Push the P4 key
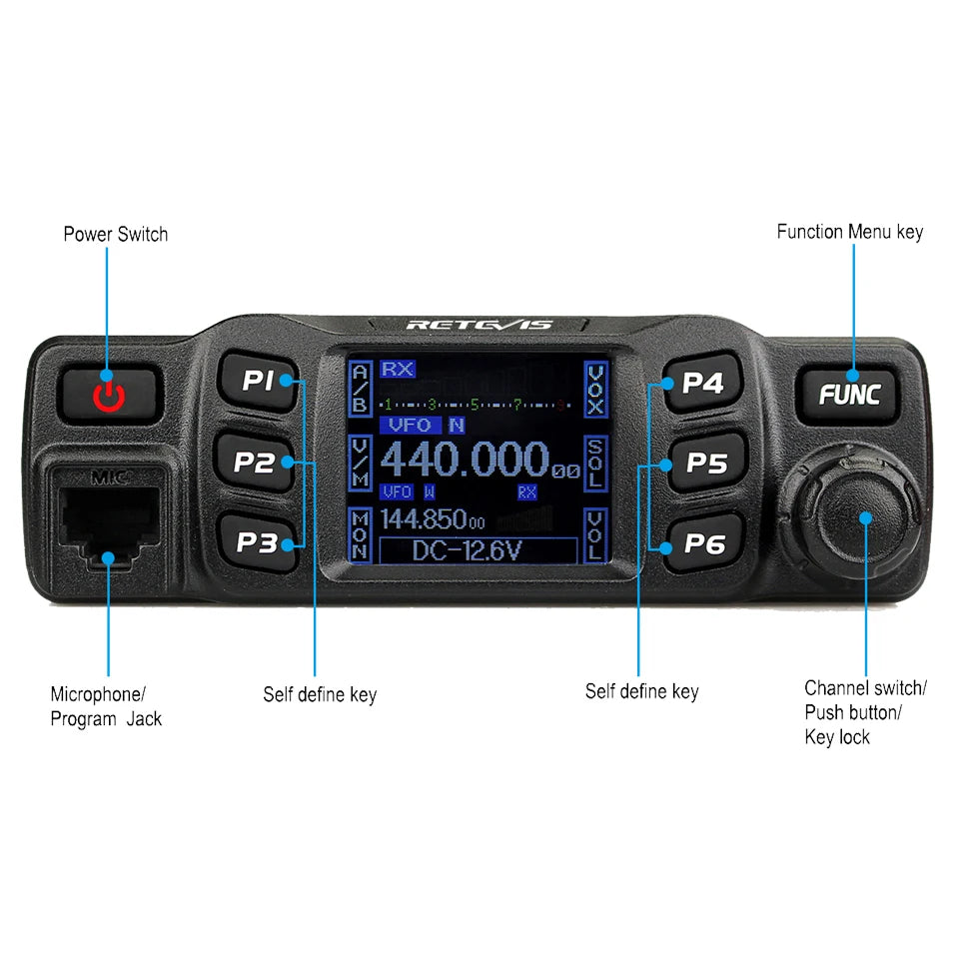[702, 382]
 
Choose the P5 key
[705, 463]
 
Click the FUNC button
[849, 394]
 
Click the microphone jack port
[108, 519]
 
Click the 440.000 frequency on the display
[466, 461]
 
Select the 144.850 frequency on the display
[432, 520]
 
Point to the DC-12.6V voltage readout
[479, 550]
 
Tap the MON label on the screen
[360, 535]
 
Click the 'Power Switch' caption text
[116, 234]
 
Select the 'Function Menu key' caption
[850, 232]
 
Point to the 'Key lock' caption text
[837, 737]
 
